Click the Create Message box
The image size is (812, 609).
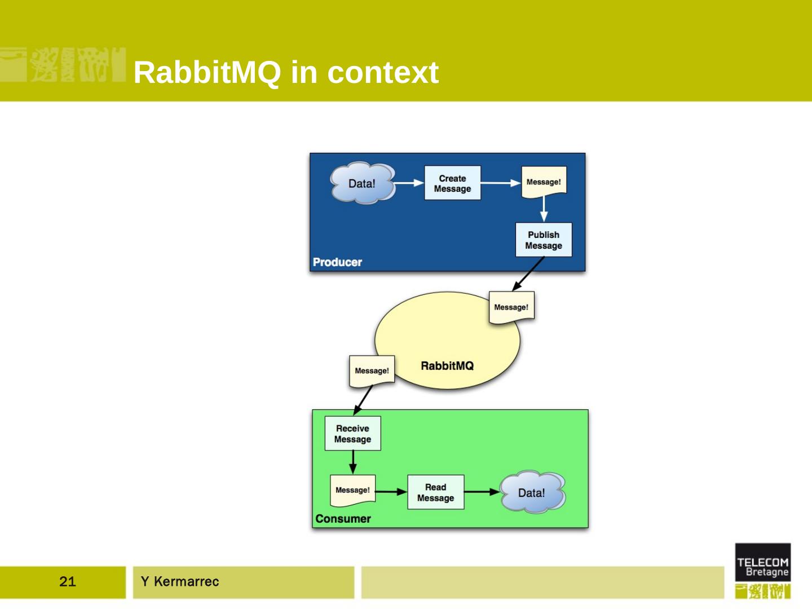coord(452,183)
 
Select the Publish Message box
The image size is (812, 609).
coord(544,240)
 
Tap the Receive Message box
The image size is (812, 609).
coord(352,434)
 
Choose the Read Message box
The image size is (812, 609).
coord(435,492)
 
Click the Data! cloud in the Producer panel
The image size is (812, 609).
coord(363,183)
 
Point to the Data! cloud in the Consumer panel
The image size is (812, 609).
coord(532,492)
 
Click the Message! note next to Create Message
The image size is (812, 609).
coord(544,182)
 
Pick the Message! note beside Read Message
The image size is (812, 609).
coord(352,491)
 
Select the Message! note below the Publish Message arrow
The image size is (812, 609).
coord(511,308)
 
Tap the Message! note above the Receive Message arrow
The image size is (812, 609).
coord(372,371)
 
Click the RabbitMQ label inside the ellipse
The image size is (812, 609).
coord(447,366)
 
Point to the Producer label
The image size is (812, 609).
coord(337,262)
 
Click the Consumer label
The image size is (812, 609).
coord(343,519)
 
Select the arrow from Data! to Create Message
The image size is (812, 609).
coord(409,183)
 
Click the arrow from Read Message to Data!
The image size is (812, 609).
coord(482,492)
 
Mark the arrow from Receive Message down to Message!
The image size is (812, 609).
coord(353,462)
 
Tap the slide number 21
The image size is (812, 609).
coord(67,581)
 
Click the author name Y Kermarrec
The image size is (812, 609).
coord(180,581)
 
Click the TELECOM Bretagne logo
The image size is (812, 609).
coord(763,570)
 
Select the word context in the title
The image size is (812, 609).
coord(383,73)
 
